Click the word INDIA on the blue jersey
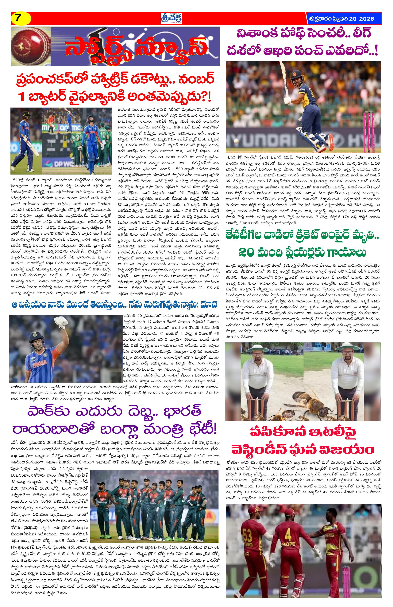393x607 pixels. [38, 362]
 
